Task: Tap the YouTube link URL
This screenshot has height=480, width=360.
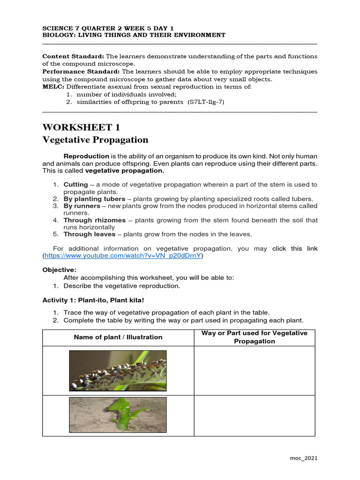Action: (x=123, y=256)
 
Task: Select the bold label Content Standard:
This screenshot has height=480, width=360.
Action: (x=73, y=56)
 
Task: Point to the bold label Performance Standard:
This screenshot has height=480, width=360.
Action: (x=81, y=72)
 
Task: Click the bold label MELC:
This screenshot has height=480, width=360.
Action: (x=53, y=87)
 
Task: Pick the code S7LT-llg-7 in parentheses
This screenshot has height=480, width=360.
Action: (x=206, y=102)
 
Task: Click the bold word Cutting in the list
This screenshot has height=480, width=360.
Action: (x=75, y=185)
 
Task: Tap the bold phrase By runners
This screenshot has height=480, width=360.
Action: (x=82, y=206)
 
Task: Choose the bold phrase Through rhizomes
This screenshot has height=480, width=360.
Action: (x=94, y=220)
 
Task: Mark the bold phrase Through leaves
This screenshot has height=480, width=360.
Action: (x=89, y=234)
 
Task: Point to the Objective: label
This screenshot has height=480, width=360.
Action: (x=59, y=270)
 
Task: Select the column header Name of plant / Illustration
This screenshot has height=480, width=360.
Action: (x=118, y=337)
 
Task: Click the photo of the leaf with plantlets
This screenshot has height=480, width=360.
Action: (x=118, y=370)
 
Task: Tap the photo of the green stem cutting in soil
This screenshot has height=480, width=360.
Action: (x=118, y=415)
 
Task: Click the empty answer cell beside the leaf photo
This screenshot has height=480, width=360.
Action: (x=255, y=370)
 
